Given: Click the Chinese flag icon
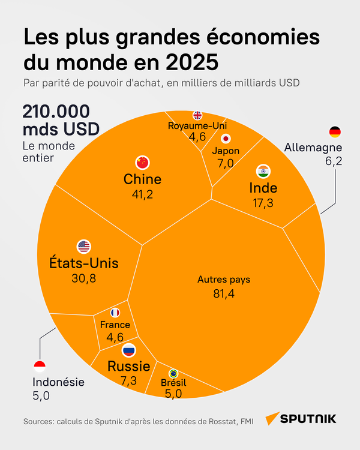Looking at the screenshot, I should [x=142, y=162].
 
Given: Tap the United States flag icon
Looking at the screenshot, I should [x=83, y=246].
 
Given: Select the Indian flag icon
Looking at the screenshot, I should [x=262, y=171].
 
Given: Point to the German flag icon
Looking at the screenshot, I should [x=335, y=132].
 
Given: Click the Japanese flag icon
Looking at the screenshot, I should [x=226, y=137].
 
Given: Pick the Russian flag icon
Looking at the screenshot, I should [x=128, y=350].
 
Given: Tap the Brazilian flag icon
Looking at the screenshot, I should [x=173, y=373].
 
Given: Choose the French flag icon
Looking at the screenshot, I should [x=115, y=313].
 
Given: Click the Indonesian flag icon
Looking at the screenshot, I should [x=40, y=365].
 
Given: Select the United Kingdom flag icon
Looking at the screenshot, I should [x=197, y=115].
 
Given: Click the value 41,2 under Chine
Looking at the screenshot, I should [x=142, y=194].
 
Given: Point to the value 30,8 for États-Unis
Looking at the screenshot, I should [x=83, y=278].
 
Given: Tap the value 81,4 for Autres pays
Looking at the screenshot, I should [x=224, y=294].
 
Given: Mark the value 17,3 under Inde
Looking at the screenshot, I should [x=262, y=203].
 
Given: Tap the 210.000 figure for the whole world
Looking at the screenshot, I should [x=56, y=112].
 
